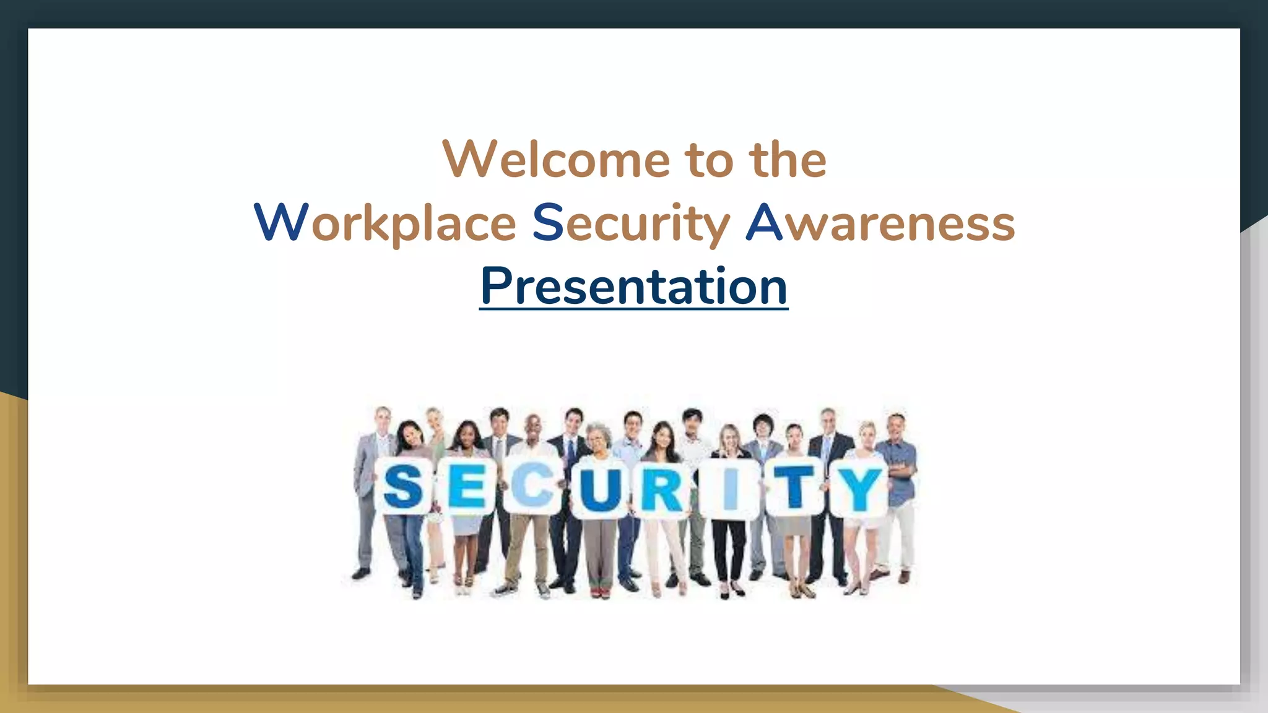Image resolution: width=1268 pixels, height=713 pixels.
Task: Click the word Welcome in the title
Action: click(556, 160)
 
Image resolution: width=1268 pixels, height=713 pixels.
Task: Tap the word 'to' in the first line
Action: click(709, 160)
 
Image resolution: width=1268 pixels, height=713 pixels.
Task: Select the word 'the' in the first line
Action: click(788, 160)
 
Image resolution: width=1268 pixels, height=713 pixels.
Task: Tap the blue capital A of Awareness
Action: click(764, 222)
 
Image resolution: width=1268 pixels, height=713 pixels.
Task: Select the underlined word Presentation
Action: click(633, 286)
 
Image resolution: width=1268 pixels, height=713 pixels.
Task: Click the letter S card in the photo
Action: click(403, 486)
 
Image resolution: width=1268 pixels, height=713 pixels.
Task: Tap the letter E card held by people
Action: click(467, 486)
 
